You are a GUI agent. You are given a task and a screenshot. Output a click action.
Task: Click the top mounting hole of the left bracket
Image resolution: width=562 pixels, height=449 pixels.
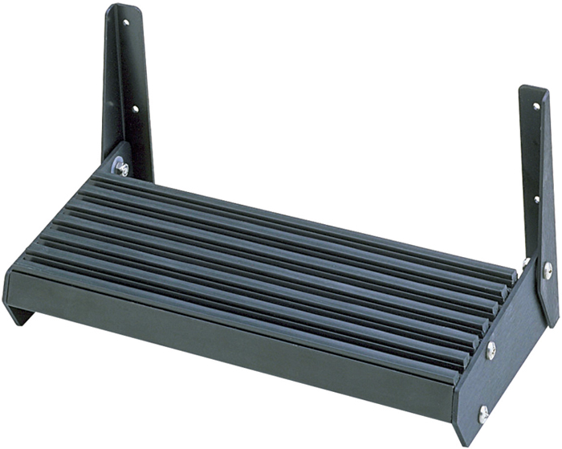coord(124,22)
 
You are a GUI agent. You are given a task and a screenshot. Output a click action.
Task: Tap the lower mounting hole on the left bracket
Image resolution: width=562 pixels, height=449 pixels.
coord(135,108)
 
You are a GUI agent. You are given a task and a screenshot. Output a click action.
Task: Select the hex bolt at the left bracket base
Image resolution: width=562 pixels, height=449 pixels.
coord(122,169)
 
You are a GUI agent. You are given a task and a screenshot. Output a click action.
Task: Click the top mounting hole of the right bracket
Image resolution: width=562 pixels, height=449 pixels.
coord(536,106)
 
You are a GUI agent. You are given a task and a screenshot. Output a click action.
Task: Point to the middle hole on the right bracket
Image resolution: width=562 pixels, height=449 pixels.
coord(537,198)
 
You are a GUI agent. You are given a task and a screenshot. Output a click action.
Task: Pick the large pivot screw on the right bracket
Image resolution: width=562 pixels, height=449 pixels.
coord(547,271)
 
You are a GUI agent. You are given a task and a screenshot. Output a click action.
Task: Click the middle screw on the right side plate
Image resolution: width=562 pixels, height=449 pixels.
coord(491,349)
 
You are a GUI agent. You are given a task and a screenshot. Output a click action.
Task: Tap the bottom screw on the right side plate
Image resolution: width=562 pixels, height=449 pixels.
coord(483,414)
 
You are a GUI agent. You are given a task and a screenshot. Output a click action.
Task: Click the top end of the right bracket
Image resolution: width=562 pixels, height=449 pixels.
coord(533,90)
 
